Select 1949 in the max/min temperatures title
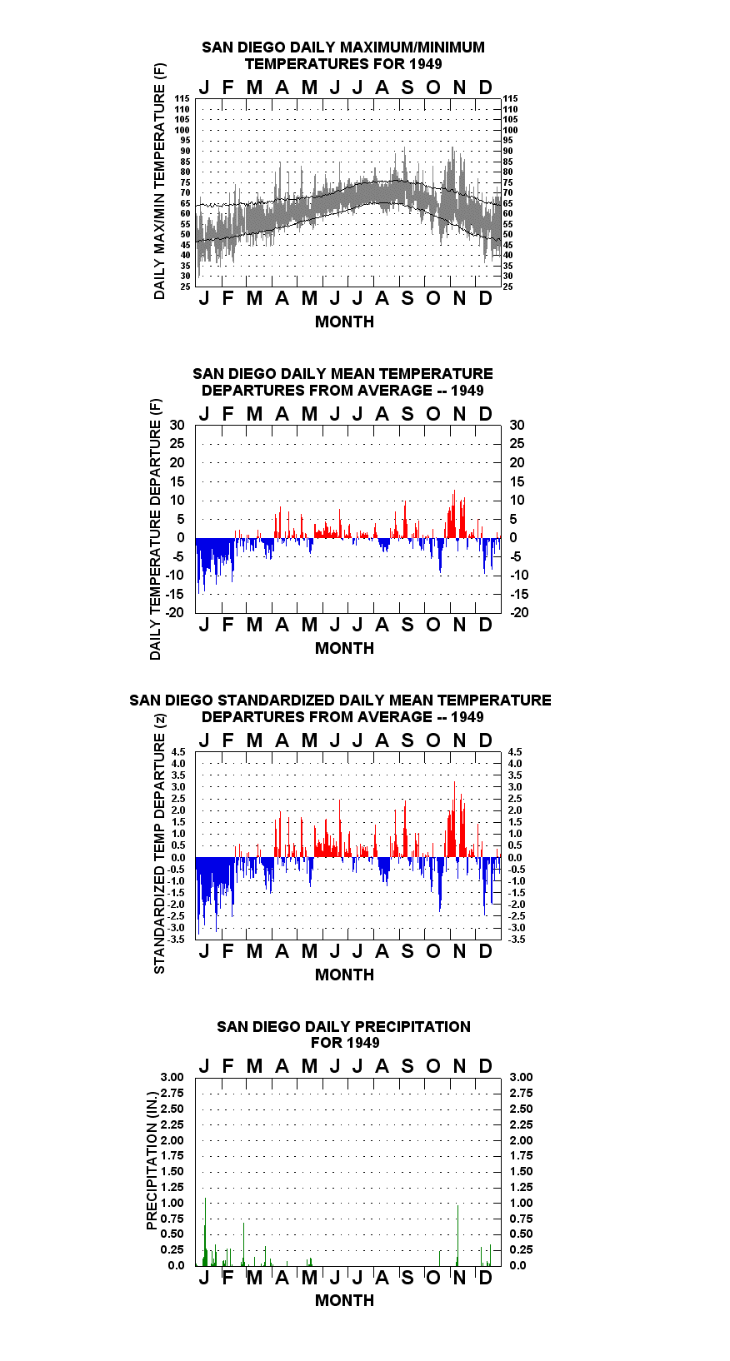tap(425, 64)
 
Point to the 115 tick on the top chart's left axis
tap(182, 98)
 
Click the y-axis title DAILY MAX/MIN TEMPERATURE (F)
tap(159, 181)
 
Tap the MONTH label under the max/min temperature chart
tap(344, 322)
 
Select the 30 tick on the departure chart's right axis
tap(517, 426)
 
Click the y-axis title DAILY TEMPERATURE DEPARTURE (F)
tap(156, 529)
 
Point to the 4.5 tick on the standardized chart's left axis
tap(178, 752)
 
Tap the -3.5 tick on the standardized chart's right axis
tap(517, 940)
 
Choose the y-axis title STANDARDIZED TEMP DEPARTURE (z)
tap(159, 844)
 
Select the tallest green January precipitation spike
tap(206, 1232)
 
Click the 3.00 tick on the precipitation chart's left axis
tap(172, 1077)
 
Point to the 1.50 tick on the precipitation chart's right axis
tap(521, 1171)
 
